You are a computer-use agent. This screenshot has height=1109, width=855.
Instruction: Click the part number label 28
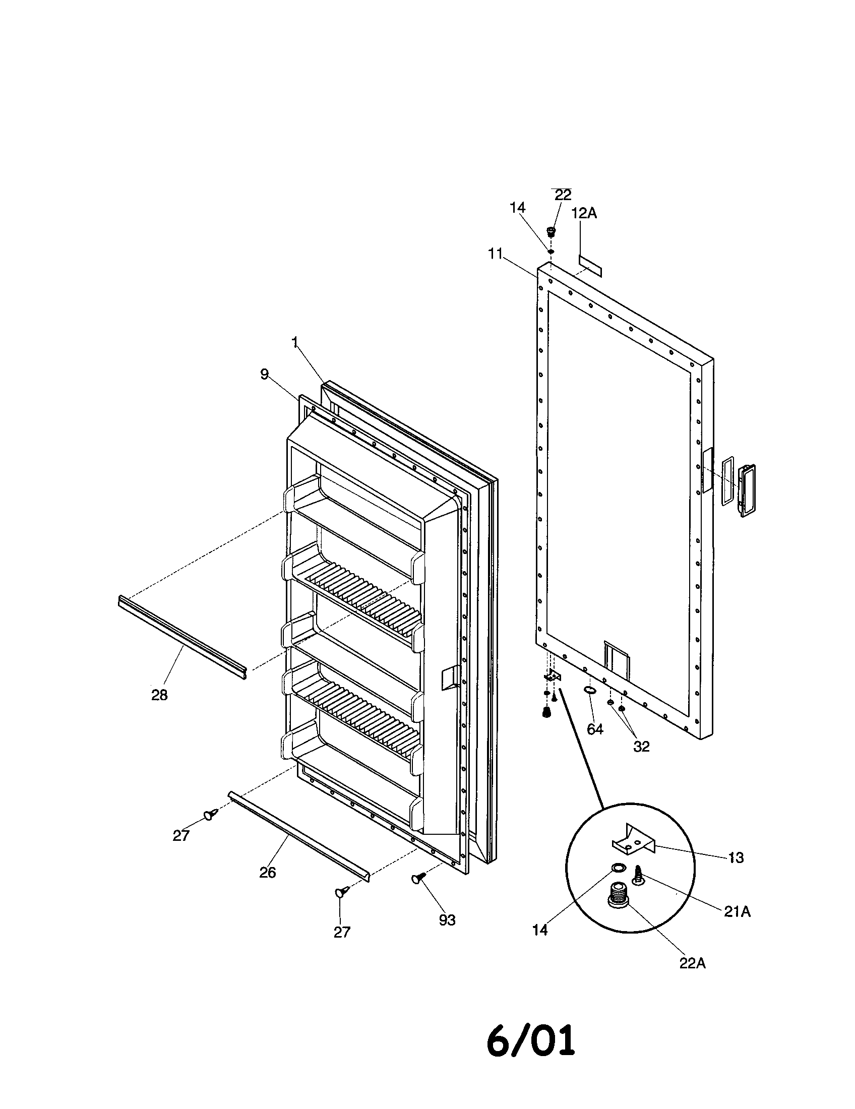[159, 695]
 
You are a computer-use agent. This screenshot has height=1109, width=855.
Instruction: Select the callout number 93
[447, 920]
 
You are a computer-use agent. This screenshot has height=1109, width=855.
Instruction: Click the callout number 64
[594, 729]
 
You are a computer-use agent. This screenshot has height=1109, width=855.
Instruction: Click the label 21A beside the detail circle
[737, 912]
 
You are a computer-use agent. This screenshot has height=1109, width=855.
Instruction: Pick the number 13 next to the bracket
[736, 857]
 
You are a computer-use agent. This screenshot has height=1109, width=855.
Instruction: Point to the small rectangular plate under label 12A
[590, 266]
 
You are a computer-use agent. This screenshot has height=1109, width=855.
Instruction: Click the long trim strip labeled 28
[182, 637]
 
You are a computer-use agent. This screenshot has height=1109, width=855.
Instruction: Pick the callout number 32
[641, 747]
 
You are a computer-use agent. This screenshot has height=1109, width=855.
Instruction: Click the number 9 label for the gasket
[264, 374]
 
